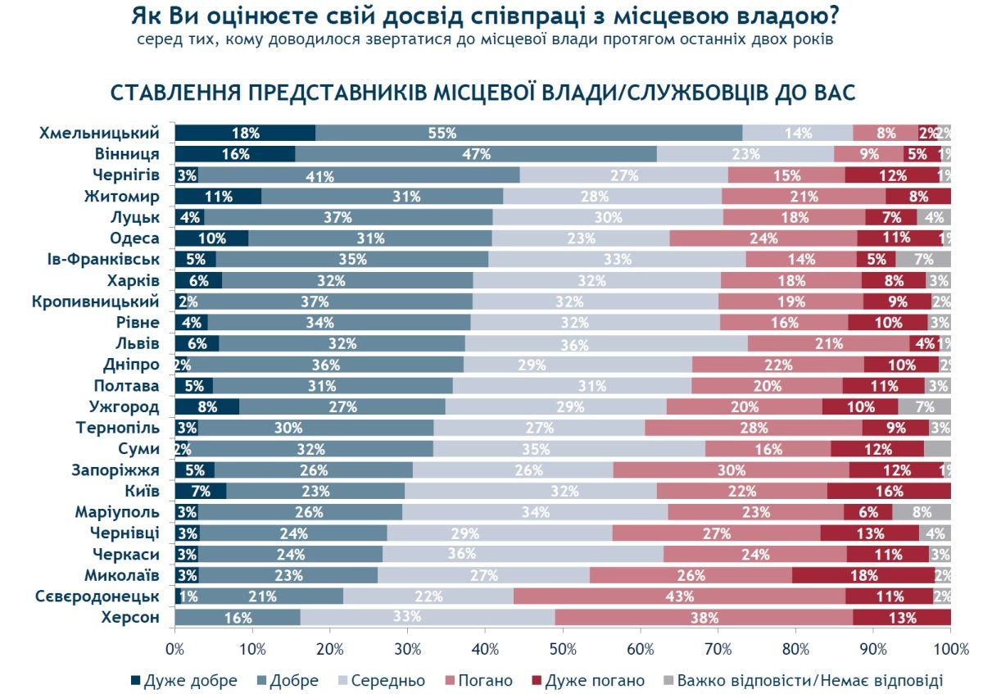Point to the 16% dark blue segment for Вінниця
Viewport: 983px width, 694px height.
(234, 153)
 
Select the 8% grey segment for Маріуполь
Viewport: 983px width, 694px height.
(921, 512)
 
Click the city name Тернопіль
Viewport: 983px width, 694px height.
(123, 427)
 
